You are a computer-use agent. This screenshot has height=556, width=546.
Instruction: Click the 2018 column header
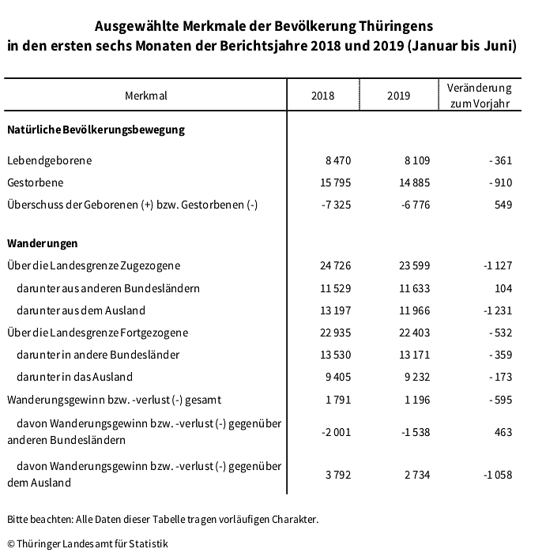pyautogui.click(x=322, y=96)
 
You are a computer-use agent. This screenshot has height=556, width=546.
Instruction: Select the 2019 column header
pyautogui.click(x=399, y=96)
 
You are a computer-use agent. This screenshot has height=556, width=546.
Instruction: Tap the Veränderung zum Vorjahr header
pyautogui.click(x=479, y=96)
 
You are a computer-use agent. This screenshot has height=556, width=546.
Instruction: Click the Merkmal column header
pyautogui.click(x=146, y=96)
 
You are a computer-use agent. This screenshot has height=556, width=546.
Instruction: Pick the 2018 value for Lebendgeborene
pyautogui.click(x=337, y=160)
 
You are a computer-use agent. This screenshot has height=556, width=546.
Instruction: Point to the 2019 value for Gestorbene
pyautogui.click(x=415, y=182)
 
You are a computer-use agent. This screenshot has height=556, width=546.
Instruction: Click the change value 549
pyautogui.click(x=503, y=205)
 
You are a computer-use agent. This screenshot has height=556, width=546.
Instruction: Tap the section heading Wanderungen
pyautogui.click(x=42, y=243)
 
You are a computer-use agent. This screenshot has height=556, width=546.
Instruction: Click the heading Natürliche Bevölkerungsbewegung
pyautogui.click(x=96, y=130)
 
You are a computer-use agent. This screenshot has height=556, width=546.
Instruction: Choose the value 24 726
pyautogui.click(x=334, y=265)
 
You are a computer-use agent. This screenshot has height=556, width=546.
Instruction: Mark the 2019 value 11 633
pyautogui.click(x=414, y=287)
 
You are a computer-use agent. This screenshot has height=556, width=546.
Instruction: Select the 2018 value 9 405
pyautogui.click(x=337, y=377)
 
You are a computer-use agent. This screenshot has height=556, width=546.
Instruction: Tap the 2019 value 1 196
pyautogui.click(x=416, y=399)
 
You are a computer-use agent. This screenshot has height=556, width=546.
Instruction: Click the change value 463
pyautogui.click(x=503, y=432)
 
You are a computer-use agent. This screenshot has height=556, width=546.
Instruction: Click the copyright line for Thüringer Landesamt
pyautogui.click(x=88, y=543)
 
